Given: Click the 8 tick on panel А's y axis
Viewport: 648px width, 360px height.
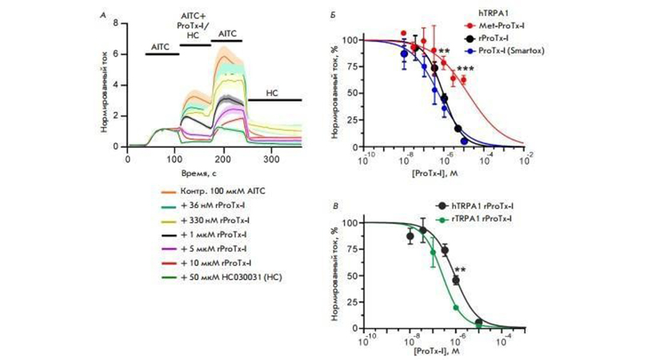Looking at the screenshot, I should [x=116, y=24].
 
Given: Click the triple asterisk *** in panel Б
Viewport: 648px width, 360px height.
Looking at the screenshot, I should [x=465, y=70].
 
